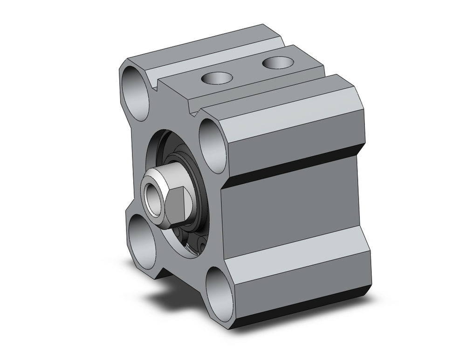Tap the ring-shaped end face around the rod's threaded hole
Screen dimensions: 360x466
[x=147, y=184]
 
